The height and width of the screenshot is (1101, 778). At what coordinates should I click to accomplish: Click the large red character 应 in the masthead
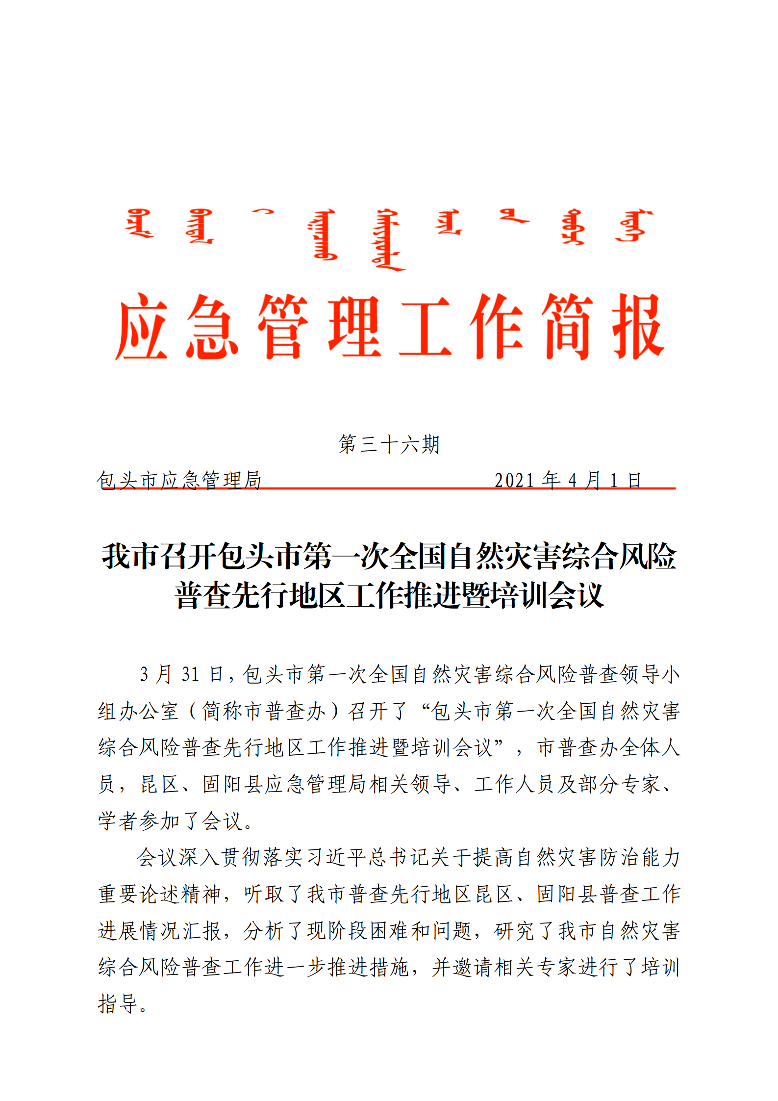click(142, 327)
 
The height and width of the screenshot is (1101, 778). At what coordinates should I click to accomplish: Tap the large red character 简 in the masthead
click(567, 327)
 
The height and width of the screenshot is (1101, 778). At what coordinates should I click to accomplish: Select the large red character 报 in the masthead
click(638, 327)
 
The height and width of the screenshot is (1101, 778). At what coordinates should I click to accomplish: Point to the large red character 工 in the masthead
click(425, 327)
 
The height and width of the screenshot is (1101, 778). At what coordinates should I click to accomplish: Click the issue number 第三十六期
click(389, 444)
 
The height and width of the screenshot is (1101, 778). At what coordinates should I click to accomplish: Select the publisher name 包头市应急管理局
click(179, 480)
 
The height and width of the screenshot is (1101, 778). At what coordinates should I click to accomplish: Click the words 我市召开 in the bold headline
click(159, 557)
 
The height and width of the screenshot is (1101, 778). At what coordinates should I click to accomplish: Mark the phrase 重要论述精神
click(160, 894)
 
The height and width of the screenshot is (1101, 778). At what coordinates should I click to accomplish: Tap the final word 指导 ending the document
click(118, 1004)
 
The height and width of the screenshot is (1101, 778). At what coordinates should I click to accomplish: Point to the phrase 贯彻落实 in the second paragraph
click(262, 858)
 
